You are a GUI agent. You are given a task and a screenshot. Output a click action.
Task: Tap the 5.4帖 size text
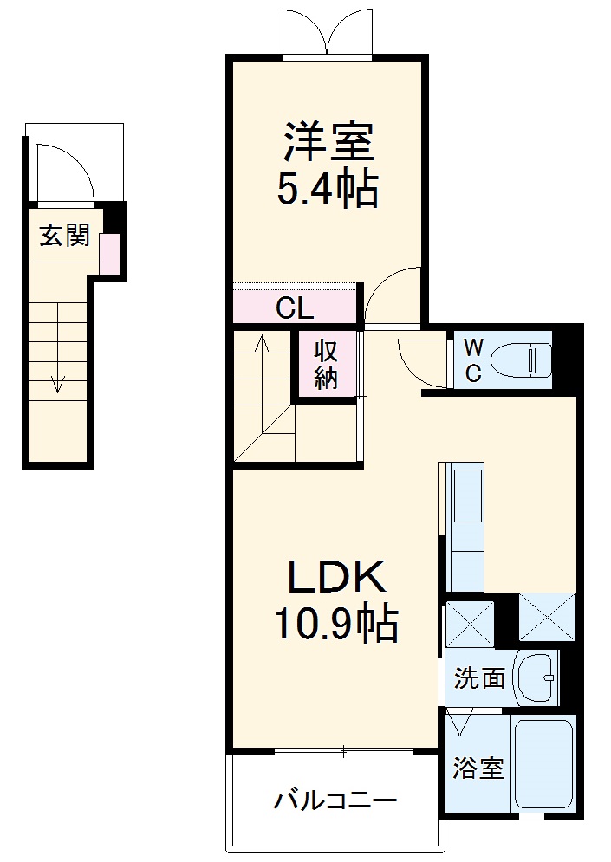point(328,190)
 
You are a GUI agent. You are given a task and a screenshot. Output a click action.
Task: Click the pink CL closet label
point(295,308)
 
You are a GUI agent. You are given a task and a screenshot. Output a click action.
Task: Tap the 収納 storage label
point(326,365)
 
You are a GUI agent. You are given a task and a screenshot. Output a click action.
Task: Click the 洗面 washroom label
point(479,677)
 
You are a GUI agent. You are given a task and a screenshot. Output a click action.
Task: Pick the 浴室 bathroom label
point(478,768)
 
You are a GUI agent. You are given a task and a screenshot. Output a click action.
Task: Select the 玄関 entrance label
point(65,235)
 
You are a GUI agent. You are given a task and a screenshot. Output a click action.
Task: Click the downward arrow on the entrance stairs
point(58,381)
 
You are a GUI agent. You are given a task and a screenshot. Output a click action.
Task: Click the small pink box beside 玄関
point(109,253)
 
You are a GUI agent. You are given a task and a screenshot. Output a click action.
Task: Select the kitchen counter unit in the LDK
point(465,528)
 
